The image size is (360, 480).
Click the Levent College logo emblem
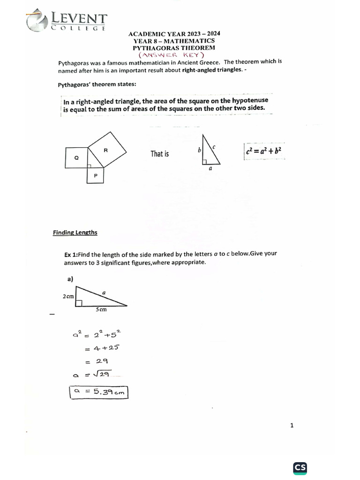37,21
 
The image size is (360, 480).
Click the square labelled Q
77,158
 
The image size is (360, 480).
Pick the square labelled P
96,175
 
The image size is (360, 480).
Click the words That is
159,154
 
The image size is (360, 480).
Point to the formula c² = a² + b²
264,151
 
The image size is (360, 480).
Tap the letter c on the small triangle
214,147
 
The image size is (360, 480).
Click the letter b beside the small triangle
199,150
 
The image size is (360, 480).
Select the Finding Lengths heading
75,232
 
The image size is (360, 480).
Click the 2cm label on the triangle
68,297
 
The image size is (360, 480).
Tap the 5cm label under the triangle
101,309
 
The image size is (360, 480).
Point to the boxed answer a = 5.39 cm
98,392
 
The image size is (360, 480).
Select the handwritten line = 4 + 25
102,348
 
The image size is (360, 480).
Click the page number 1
292,426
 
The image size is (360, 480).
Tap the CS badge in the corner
300,467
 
